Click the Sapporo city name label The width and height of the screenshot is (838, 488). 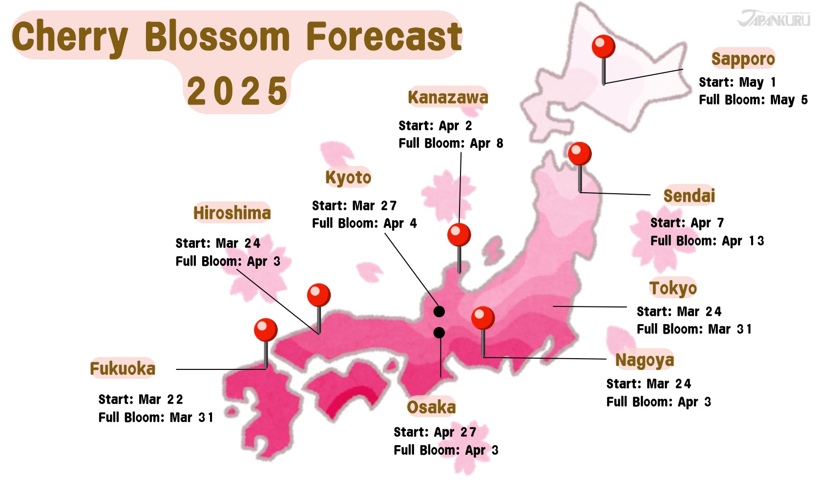tap(743, 59)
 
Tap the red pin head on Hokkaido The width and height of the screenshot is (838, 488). tap(603, 47)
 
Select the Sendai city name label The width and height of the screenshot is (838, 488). tap(689, 196)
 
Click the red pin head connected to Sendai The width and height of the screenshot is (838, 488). tap(580, 154)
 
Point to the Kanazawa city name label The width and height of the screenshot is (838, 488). tap(448, 98)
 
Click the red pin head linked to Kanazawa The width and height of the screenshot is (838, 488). tap(459, 235)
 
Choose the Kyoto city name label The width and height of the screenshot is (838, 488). tap(348, 178)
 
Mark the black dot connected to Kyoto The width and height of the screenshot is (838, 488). tap(439, 311)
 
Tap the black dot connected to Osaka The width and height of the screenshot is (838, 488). tap(439, 333)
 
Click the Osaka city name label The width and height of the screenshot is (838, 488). tap(431, 407)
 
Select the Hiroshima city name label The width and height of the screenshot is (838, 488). tap(232, 213)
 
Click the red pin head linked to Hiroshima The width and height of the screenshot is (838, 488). tap(319, 295)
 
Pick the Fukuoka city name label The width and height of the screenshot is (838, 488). tap(123, 368)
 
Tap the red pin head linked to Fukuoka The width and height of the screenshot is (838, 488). tap(266, 330)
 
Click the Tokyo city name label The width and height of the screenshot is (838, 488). tap(673, 288)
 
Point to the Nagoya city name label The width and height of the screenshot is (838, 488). tap(645, 360)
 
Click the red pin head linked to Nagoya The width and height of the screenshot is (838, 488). tap(483, 318)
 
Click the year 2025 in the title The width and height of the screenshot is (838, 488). tap(237, 91)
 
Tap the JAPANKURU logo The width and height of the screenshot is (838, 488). tap(774, 19)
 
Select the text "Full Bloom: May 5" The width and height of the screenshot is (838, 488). tap(753, 100)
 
